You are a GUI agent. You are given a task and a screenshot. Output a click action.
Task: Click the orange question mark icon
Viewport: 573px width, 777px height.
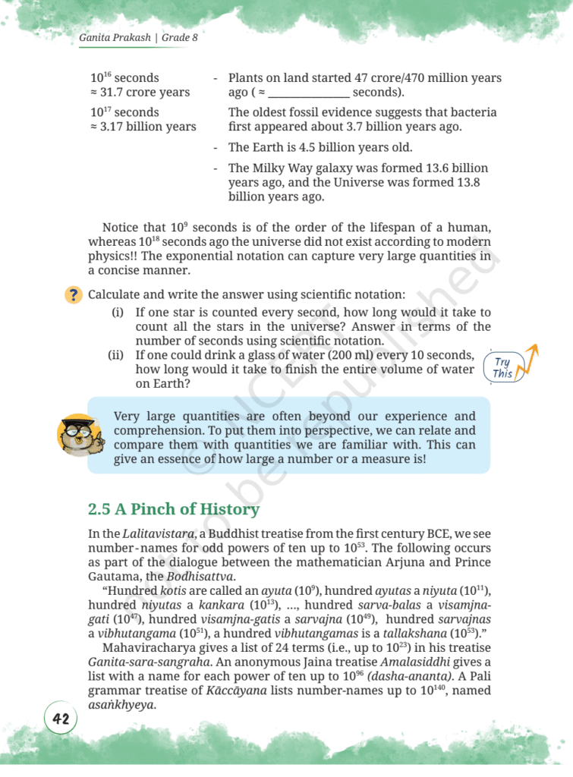(x=74, y=295)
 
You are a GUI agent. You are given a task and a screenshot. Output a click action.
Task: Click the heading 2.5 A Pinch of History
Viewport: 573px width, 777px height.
(x=174, y=509)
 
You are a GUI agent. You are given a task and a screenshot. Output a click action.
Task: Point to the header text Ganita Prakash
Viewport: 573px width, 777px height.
(x=115, y=37)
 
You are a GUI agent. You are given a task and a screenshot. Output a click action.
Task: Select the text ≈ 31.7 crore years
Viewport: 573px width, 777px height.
(x=140, y=93)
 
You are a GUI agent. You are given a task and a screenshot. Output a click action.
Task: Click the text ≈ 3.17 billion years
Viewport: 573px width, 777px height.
(x=143, y=127)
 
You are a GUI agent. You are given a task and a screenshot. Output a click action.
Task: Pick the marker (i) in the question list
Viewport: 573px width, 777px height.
(x=118, y=312)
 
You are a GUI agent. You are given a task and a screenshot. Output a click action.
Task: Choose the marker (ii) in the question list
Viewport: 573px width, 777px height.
(x=116, y=355)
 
